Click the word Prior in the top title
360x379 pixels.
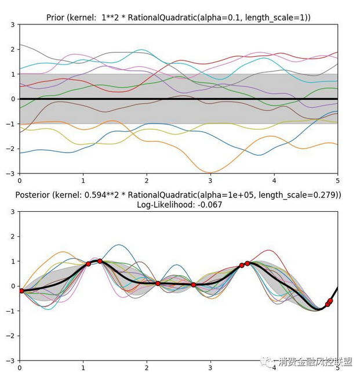56,17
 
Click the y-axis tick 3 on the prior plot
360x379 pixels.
13,24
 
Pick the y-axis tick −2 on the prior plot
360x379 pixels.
11,149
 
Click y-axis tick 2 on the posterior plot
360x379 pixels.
13,237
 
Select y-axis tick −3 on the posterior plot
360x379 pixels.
11,361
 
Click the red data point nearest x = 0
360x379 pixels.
21,291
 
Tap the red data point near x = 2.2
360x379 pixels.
158,283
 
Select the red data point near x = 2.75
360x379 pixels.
194,285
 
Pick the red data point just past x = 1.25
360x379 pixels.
100,261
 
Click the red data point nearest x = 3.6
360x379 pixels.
248,264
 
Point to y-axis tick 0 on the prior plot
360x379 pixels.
13,99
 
